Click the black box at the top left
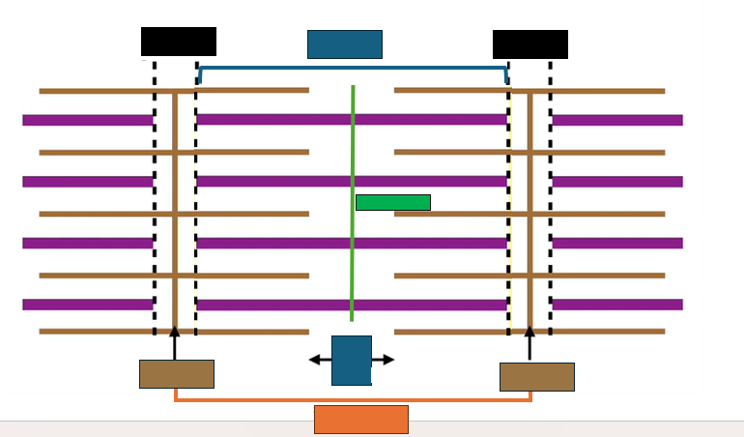click(179, 42)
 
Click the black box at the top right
click(530, 44)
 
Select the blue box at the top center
click(345, 44)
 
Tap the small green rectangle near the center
click(393, 202)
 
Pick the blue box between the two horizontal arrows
click(352, 360)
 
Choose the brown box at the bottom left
click(177, 374)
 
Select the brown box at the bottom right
click(537, 377)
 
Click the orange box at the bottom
click(361, 420)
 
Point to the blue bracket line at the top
click(353, 68)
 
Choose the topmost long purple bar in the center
click(352, 120)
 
